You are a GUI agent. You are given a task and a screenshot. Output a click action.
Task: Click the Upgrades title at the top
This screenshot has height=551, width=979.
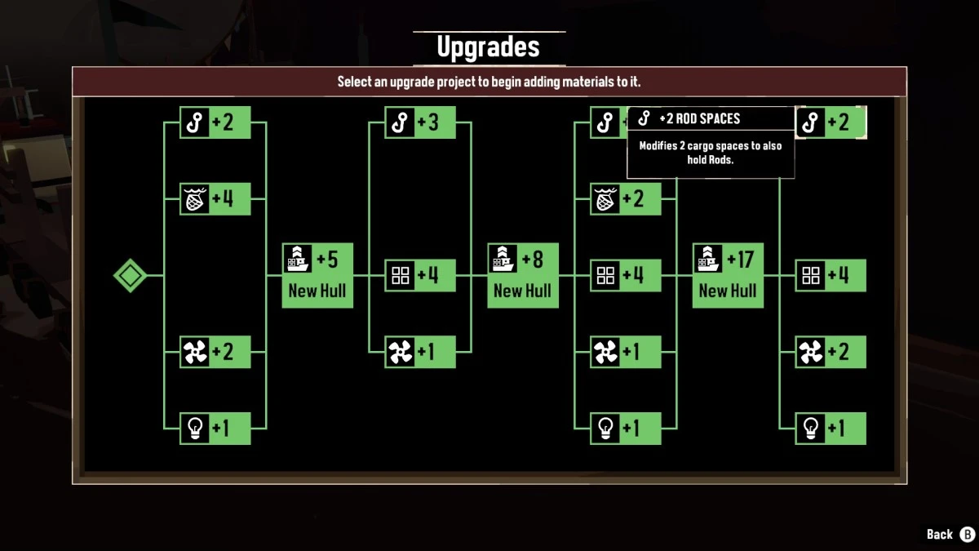[488, 47]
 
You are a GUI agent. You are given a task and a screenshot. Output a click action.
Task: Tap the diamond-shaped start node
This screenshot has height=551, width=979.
[130, 276]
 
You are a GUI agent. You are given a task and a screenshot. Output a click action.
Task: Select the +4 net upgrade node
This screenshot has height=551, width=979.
[215, 199]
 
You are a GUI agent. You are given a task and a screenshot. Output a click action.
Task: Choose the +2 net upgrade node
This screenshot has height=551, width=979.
[626, 199]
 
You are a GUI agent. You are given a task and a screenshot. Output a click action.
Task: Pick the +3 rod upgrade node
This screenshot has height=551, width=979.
[420, 122]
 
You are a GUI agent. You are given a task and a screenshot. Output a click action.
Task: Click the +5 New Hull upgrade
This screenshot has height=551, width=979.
[317, 276]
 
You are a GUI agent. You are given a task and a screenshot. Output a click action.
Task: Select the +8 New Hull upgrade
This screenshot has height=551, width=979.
[523, 276]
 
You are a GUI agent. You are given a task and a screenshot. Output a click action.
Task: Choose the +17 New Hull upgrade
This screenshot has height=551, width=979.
[728, 276]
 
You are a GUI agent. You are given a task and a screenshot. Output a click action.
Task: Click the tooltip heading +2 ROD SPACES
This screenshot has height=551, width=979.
[700, 118]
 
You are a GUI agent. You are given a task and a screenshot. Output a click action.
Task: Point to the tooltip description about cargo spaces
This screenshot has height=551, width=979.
[711, 153]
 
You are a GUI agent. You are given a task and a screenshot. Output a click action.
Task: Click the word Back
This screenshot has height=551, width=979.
[939, 535]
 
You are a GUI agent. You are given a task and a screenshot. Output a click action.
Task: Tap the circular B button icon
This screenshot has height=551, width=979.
[968, 535]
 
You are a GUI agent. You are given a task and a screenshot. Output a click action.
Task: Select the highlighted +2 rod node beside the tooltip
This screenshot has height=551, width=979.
[831, 122]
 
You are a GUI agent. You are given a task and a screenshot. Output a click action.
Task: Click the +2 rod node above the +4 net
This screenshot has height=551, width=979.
[215, 122]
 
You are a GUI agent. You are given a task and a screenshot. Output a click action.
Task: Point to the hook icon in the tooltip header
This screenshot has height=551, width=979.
[644, 118]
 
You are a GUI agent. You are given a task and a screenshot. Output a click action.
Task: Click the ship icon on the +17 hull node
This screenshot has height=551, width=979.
[707, 259]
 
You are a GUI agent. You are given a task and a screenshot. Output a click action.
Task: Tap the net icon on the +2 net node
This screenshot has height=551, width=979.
[605, 199]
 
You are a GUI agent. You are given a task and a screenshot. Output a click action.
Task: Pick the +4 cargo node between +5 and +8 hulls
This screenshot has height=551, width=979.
[420, 276]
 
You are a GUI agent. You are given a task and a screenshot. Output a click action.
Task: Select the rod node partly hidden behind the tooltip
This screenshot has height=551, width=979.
[609, 122]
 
